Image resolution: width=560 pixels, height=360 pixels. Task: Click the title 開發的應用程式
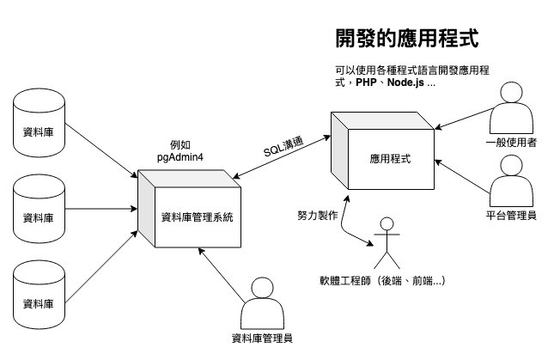pos(407,38)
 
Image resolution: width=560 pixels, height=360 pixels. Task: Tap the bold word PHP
pos(366,82)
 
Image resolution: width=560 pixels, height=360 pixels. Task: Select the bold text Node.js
pos(405,82)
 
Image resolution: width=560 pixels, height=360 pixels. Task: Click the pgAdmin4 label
pos(180,157)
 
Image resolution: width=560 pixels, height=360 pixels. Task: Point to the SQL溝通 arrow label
pos(283,147)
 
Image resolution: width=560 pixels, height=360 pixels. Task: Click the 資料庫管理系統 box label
pos(198,217)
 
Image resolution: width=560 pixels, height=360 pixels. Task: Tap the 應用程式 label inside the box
pos(390,159)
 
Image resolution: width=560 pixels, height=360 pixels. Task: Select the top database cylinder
pos(39,123)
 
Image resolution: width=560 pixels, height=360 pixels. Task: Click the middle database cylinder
pos(39,209)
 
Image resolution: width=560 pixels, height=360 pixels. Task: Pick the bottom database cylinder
pos(39,295)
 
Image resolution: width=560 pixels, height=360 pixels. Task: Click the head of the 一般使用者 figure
pos(511,92)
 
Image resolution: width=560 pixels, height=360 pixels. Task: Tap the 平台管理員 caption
pos(511,216)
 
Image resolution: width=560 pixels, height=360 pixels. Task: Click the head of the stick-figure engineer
pos(387,224)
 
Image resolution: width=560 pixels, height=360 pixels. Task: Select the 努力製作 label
pos(318,216)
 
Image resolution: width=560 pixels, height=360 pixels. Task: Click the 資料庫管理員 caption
pos(262,338)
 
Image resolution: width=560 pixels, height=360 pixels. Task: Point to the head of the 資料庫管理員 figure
pos(262,288)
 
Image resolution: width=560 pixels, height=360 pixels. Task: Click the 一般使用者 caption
pos(511,143)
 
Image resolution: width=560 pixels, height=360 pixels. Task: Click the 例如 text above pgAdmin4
pos(180,145)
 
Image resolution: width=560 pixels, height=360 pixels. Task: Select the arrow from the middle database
pos(101,209)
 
